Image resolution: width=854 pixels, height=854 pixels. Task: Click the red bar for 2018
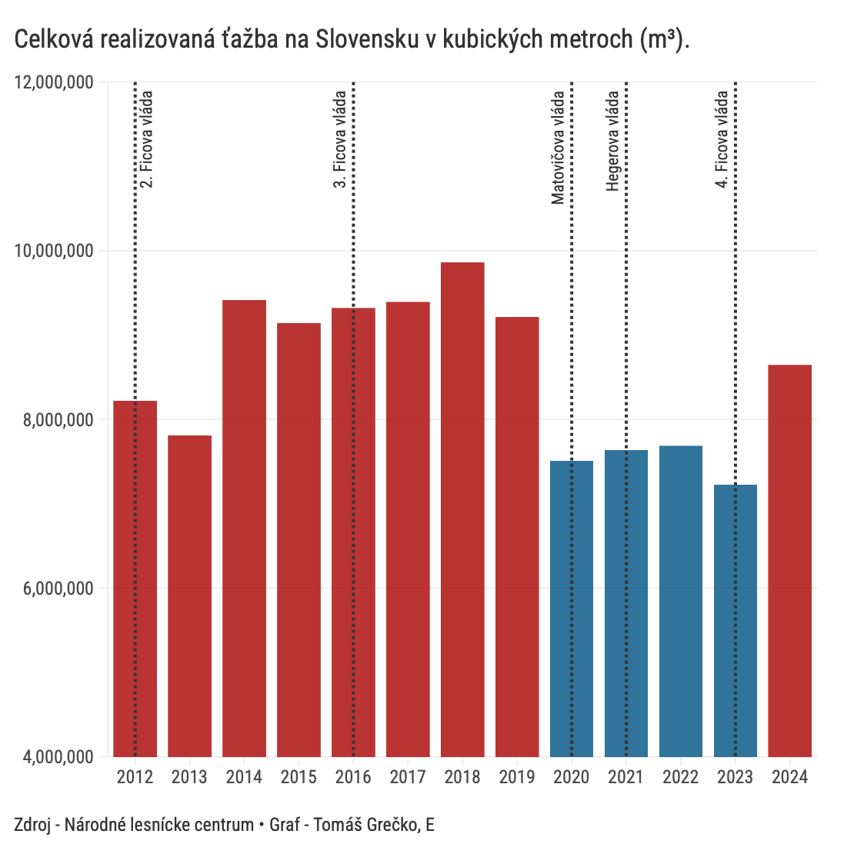462,508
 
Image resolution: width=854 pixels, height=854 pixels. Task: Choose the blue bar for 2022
681,600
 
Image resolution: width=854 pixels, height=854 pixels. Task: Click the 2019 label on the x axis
517,777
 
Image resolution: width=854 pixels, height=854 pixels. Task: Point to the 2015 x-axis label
299,777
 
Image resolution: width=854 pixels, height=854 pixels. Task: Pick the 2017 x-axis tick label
408,777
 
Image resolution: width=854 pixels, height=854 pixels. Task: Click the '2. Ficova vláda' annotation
147,140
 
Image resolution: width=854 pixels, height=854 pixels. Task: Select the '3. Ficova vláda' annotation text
340,140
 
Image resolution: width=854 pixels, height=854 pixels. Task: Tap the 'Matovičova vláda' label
558,148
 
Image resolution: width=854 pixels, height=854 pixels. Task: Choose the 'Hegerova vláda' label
613,142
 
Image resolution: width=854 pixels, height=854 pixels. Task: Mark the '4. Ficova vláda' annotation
722,140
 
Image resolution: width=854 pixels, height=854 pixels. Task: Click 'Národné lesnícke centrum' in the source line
159,826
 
